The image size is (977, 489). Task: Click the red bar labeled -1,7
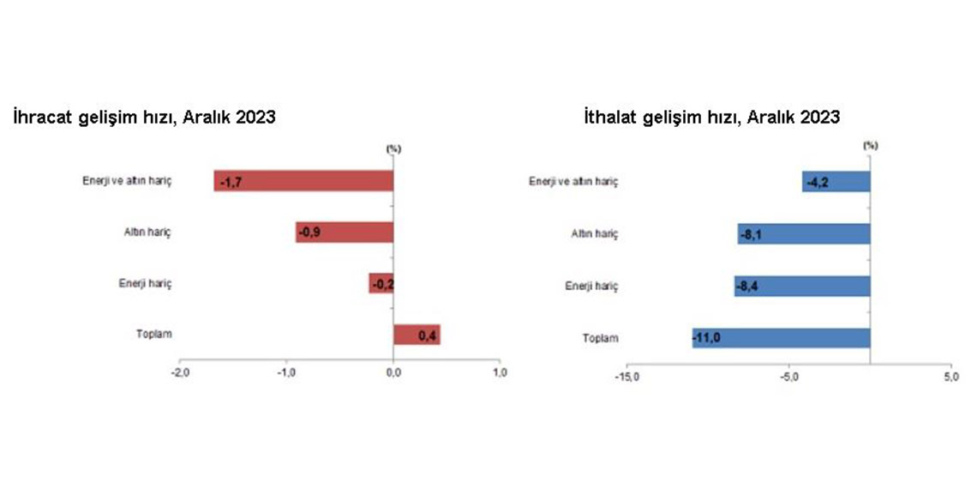304,181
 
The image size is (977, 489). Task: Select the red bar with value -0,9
345,232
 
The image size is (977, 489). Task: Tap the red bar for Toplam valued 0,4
417,335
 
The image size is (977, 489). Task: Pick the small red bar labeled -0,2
381,283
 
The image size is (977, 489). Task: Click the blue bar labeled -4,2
836,182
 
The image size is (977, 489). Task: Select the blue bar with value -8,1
804,234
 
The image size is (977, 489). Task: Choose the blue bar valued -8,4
802,287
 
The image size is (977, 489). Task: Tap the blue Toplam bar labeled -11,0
782,337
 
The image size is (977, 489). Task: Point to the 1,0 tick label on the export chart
500,372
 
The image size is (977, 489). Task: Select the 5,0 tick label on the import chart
951,377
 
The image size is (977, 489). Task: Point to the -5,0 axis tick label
788,377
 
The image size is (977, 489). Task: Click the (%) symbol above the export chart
393,148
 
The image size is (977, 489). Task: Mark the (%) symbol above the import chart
871,145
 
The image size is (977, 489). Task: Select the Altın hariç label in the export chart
147,232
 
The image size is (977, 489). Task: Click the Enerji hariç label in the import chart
591,287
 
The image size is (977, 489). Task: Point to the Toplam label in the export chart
154,334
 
